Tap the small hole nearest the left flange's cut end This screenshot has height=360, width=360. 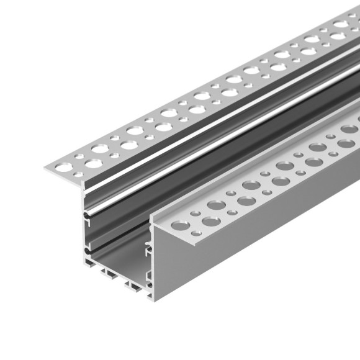click(78, 175)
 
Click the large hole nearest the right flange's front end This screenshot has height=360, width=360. click(210, 221)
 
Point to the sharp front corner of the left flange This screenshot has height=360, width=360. click(45, 168)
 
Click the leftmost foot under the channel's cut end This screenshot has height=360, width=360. click(90, 264)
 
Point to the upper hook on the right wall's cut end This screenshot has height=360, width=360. click(149, 250)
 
